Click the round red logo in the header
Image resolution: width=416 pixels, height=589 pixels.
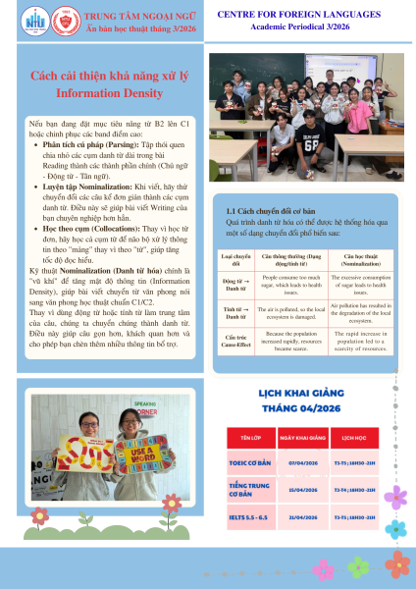(x=42, y=19)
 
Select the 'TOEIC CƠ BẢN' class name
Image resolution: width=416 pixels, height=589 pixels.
(x=249, y=461)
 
